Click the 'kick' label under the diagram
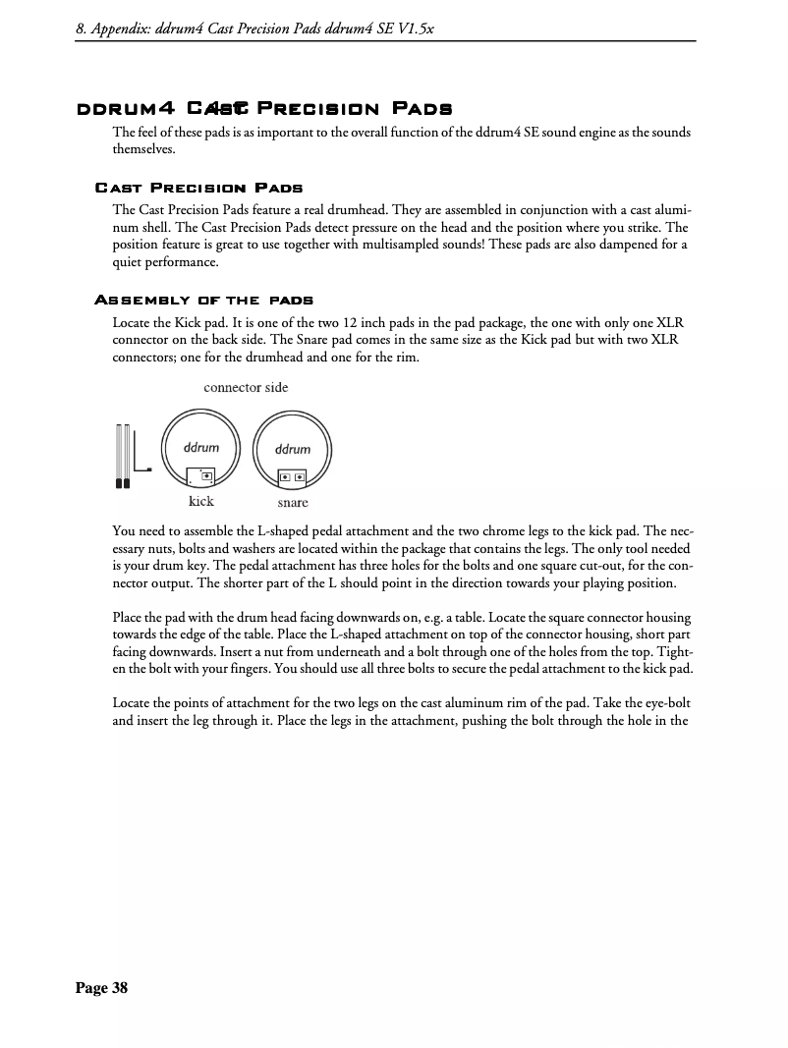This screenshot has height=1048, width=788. point(200,501)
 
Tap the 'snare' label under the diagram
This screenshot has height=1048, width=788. point(292,502)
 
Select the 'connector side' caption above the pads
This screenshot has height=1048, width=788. point(246,387)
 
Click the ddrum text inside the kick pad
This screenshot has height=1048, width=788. point(201,447)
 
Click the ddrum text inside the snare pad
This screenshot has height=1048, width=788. point(292,449)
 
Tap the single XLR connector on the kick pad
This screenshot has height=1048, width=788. point(206,475)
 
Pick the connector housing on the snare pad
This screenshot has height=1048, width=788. point(292,477)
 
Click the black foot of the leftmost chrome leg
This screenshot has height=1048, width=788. point(119,483)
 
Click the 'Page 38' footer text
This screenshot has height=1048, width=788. point(102,988)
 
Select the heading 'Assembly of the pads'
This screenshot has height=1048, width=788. point(203,300)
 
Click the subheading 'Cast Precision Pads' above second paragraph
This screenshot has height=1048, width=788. point(198,187)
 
